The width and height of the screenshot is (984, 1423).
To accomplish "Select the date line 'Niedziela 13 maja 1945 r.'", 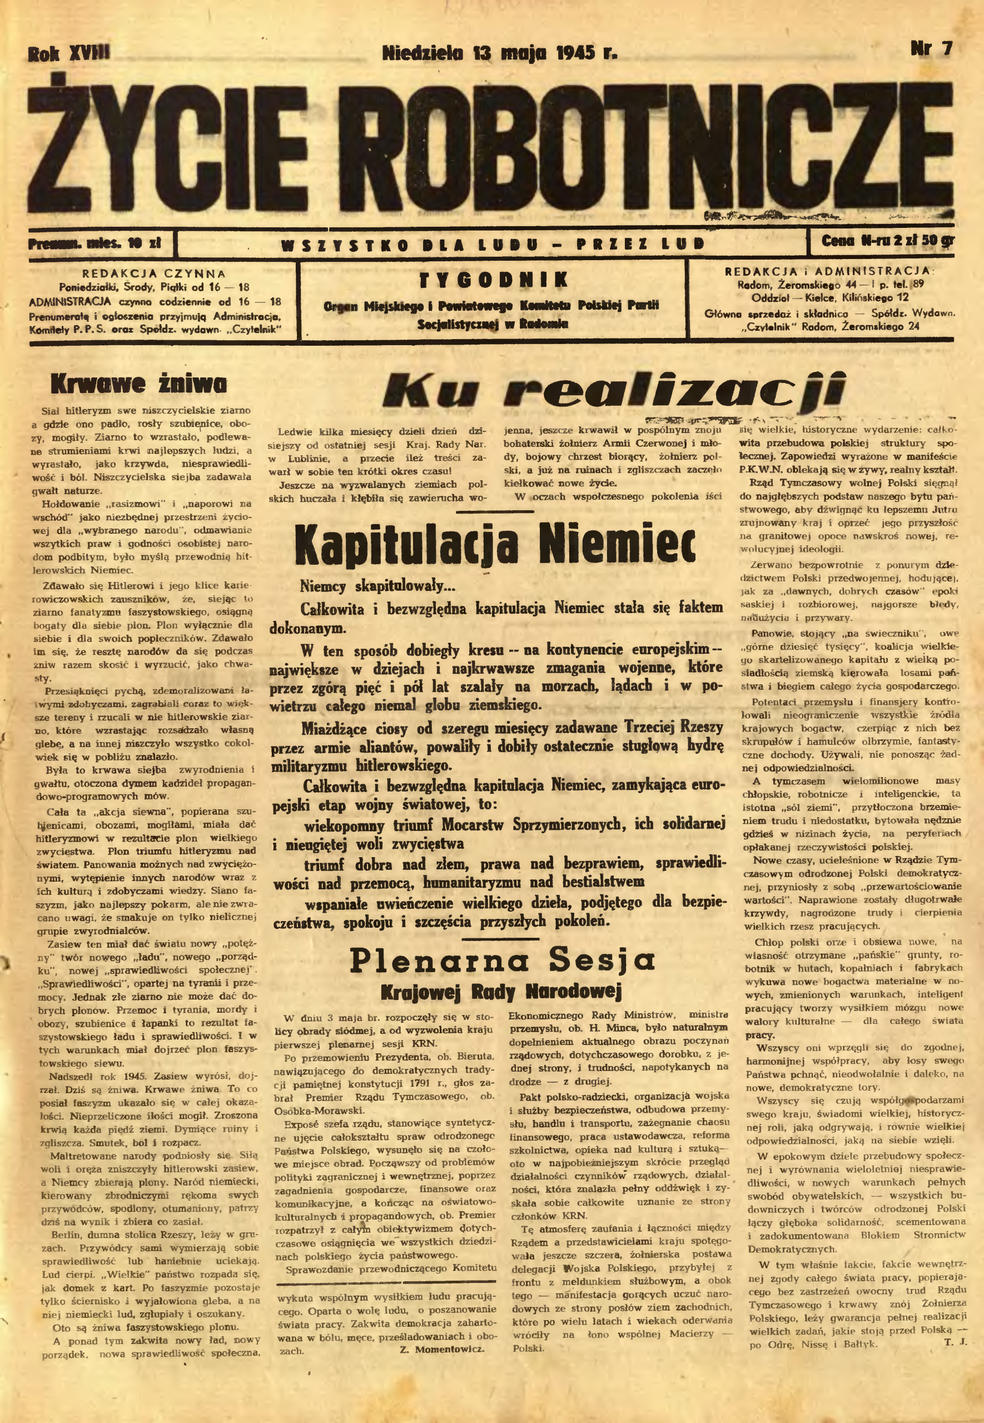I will [499, 52].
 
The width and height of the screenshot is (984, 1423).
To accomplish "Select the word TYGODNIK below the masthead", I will [493, 280].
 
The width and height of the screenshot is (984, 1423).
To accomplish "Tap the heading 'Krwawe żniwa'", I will [139, 384].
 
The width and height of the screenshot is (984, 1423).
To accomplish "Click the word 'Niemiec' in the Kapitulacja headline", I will [616, 544].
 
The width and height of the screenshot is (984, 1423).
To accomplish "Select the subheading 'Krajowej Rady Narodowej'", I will [501, 992].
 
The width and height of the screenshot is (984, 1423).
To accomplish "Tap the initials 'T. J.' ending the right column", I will [955, 1342].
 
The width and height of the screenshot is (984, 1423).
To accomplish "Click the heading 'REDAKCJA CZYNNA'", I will [154, 273].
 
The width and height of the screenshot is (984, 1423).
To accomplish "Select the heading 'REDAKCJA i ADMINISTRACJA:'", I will [829, 272].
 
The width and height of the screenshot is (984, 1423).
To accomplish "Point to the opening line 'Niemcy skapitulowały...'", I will [377, 585].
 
